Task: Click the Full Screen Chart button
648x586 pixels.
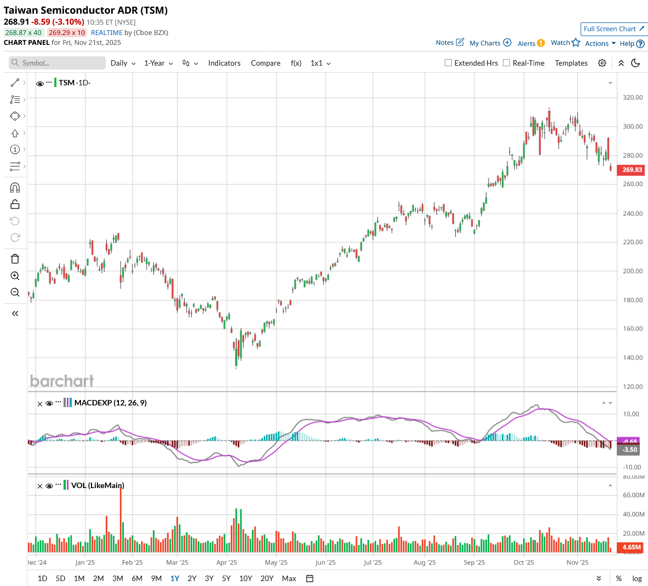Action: point(613,29)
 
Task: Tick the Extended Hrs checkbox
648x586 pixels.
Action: point(449,63)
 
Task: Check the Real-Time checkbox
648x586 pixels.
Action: point(507,63)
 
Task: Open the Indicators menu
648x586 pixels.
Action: point(224,63)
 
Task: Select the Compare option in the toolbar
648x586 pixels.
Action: point(266,63)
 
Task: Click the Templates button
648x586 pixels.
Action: point(571,63)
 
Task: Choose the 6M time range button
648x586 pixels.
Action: point(137,578)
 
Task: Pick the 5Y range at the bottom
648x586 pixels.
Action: point(226,578)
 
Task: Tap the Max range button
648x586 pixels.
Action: point(289,578)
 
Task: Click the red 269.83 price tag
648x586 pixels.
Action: point(632,170)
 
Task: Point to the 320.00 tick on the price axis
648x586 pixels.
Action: point(633,97)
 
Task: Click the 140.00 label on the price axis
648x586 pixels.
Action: point(633,358)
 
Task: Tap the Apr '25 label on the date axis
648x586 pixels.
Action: point(227,562)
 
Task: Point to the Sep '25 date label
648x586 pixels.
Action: point(474,562)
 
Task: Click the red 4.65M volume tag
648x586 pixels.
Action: point(632,547)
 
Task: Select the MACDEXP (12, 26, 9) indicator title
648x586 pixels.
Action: point(110,403)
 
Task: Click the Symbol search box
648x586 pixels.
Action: point(58,63)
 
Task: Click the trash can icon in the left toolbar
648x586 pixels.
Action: point(15,259)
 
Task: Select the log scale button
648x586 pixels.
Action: point(637,578)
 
